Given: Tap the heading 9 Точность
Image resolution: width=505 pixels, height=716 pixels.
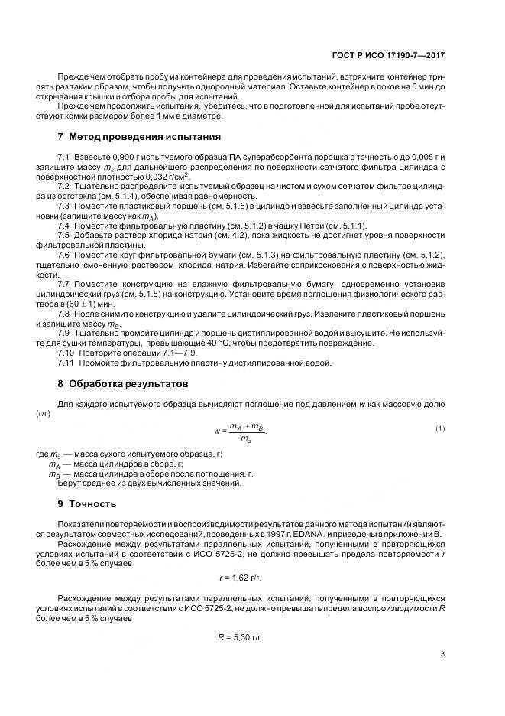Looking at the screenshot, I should click(x=87, y=504).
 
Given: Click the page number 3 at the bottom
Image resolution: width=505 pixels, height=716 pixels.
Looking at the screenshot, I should click(x=443, y=654).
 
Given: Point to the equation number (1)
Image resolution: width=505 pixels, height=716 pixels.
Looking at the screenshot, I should click(x=440, y=428).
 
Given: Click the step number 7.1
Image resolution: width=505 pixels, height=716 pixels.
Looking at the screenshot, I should click(x=64, y=156).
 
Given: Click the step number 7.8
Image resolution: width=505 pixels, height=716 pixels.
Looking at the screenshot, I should click(x=64, y=314).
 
